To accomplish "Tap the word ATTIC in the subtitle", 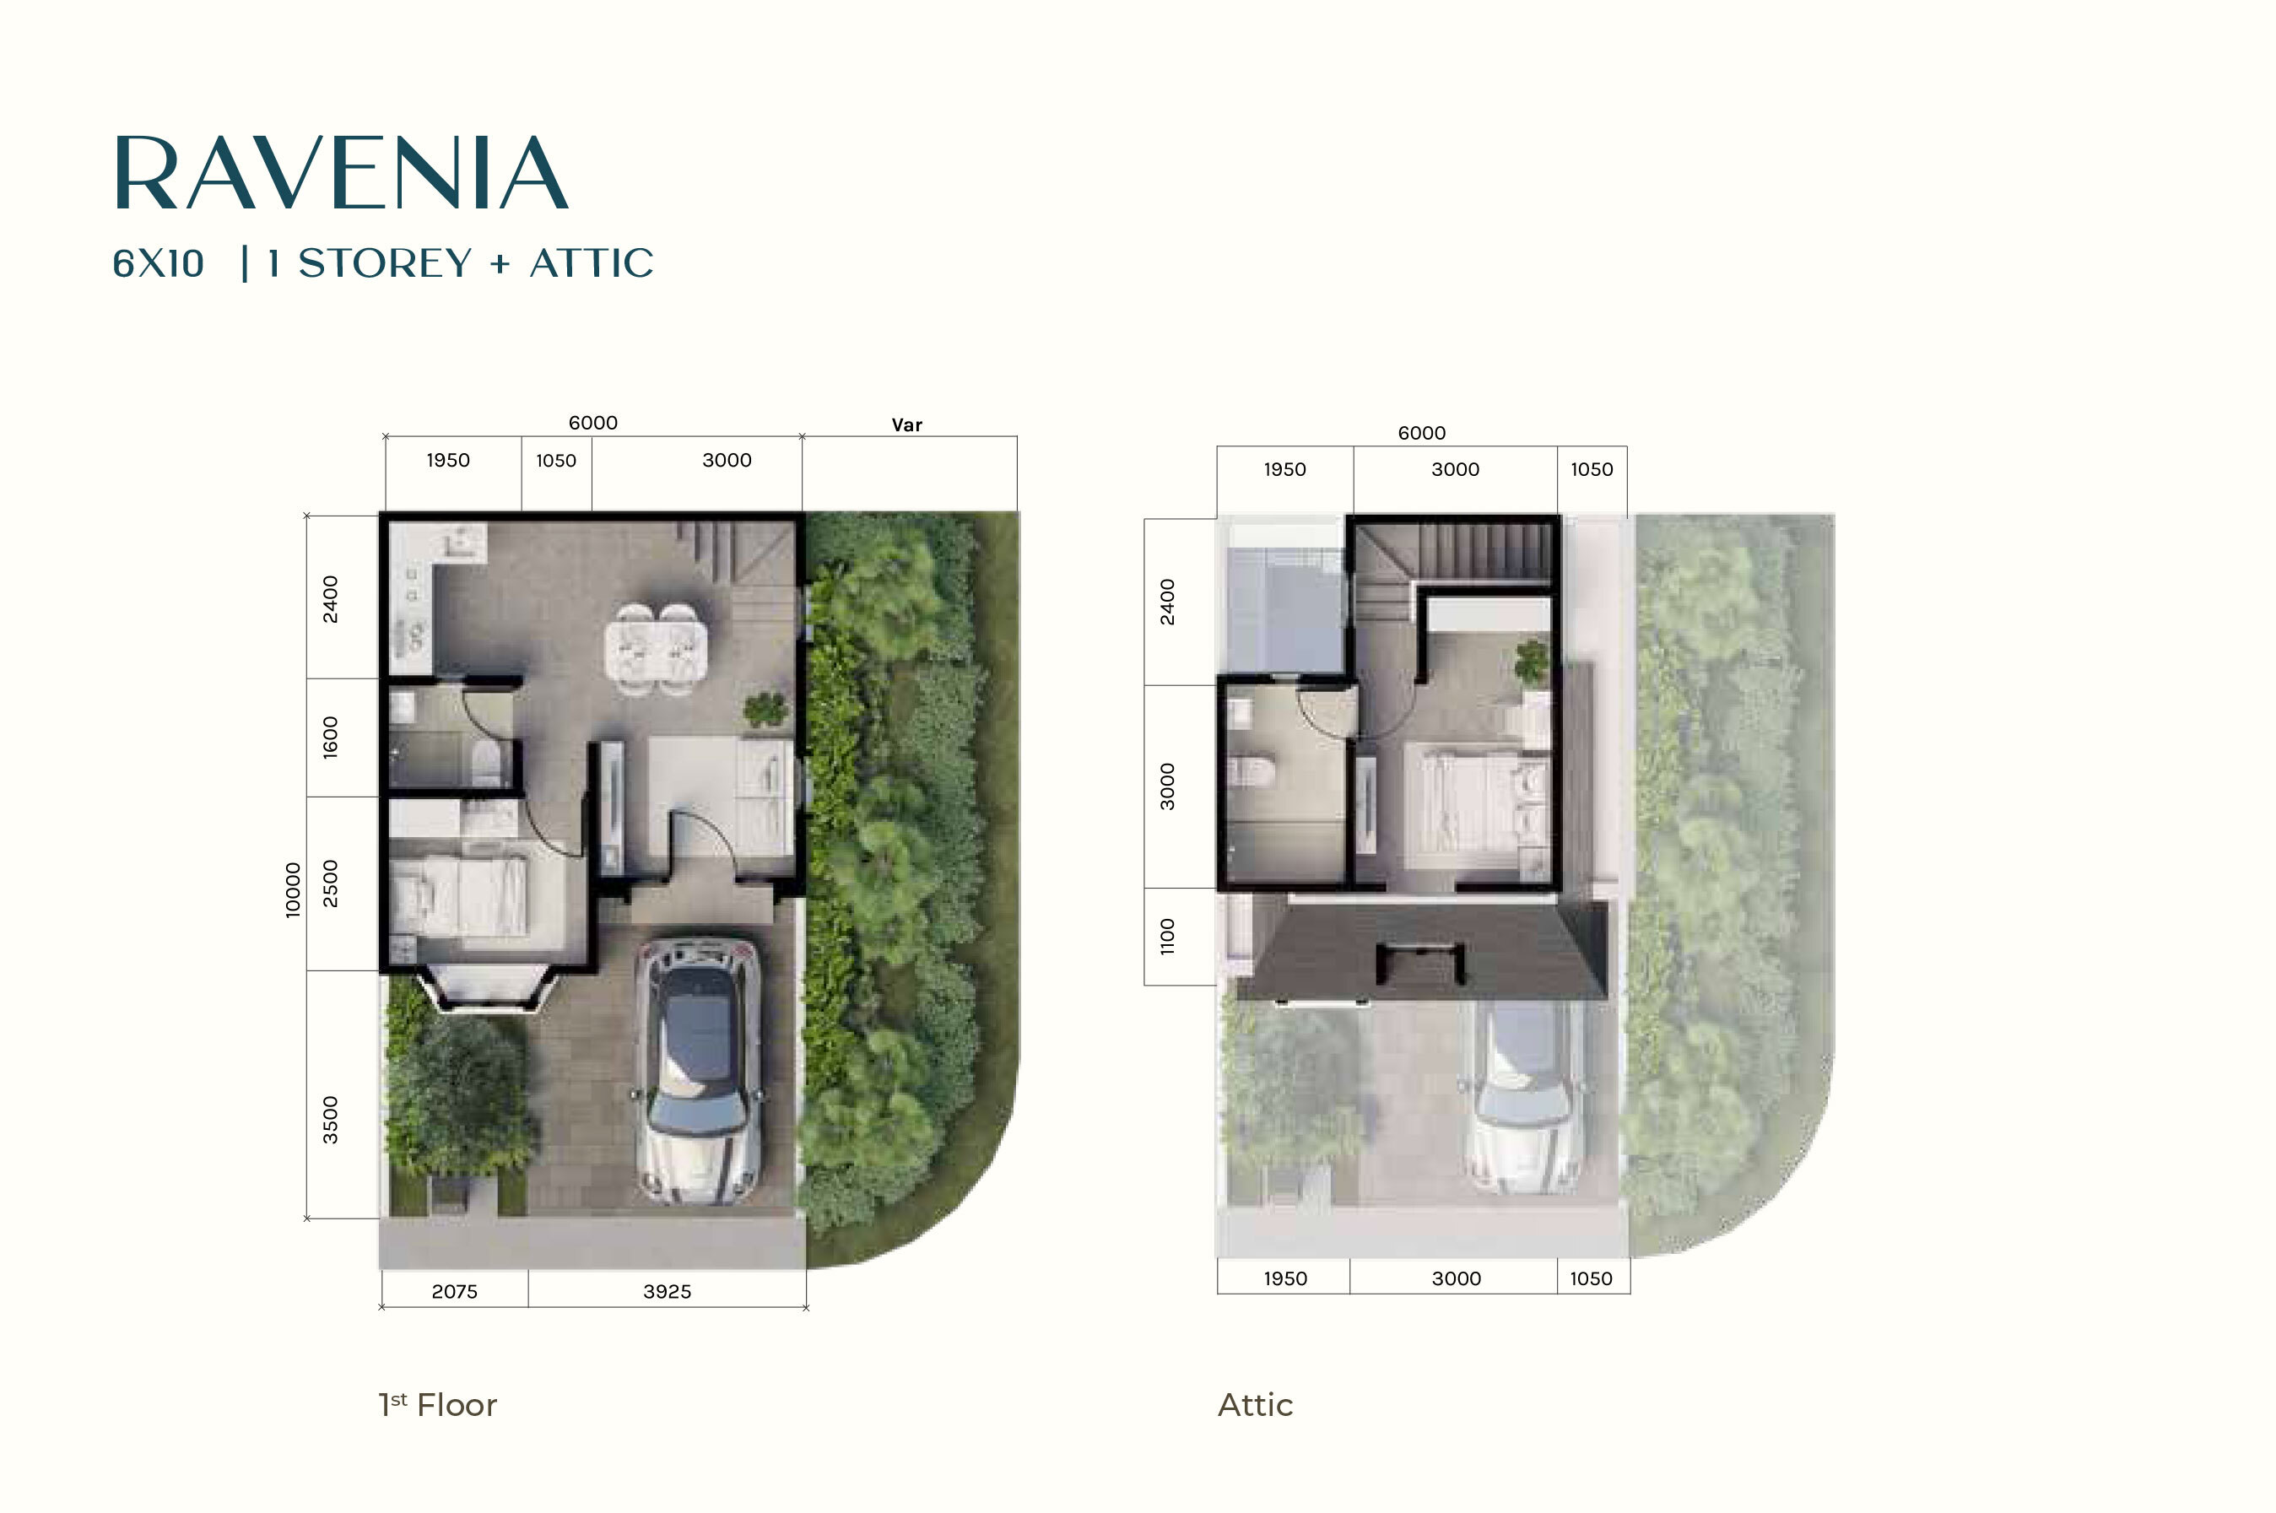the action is tap(592, 263).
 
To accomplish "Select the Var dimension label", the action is tap(907, 424).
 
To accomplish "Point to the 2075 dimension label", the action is tap(454, 1291).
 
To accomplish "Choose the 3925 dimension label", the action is tap(667, 1291).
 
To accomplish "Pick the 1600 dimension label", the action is tap(331, 738).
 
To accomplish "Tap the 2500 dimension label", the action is tap(331, 883).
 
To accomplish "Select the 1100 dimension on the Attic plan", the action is tap(1167, 937).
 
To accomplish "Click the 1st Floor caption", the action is tap(438, 1404).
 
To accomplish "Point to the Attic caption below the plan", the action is tap(1255, 1404).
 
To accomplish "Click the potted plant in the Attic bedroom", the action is tap(1531, 662).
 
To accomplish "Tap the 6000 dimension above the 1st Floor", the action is tap(592, 423).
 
